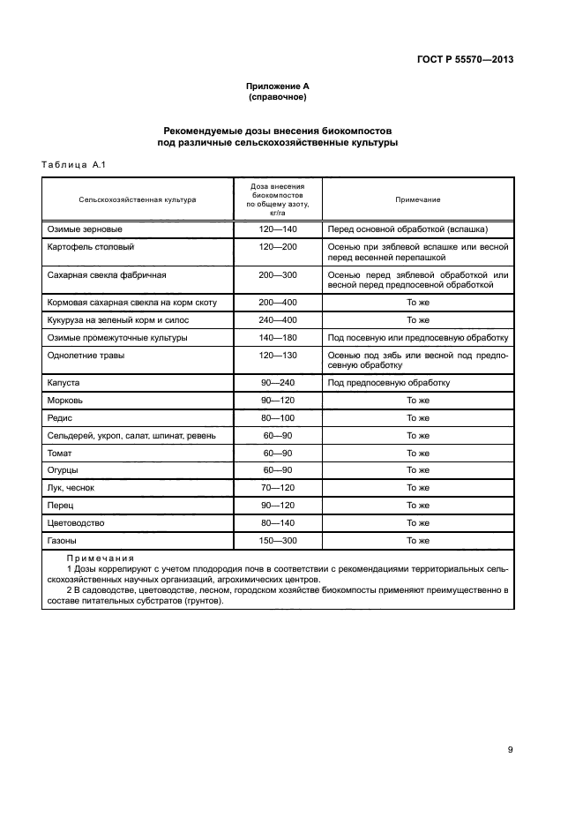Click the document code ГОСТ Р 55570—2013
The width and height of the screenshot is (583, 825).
[x=465, y=60]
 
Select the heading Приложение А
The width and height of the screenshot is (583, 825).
[x=277, y=86]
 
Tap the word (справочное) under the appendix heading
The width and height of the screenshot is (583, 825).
[x=277, y=97]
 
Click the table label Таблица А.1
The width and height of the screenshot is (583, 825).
[x=74, y=164]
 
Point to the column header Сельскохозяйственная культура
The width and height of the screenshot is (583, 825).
[x=138, y=200]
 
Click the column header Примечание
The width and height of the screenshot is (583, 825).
[x=417, y=200]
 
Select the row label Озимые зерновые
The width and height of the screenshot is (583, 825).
[x=80, y=229]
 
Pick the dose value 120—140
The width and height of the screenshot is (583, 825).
[x=278, y=229]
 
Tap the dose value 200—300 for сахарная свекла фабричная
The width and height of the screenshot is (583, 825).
[x=278, y=274]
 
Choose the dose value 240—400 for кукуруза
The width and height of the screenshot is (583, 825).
[x=278, y=319]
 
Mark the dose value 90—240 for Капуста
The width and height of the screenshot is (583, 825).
[x=278, y=383]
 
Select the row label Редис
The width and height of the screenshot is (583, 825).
[x=58, y=418]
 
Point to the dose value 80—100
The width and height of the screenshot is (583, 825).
[x=278, y=418]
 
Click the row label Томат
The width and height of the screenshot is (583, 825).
[x=59, y=453]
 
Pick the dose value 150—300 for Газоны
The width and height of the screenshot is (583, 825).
[x=278, y=540]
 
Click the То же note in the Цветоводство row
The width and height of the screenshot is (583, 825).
[x=417, y=522]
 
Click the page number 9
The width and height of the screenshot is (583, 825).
[x=510, y=750]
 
